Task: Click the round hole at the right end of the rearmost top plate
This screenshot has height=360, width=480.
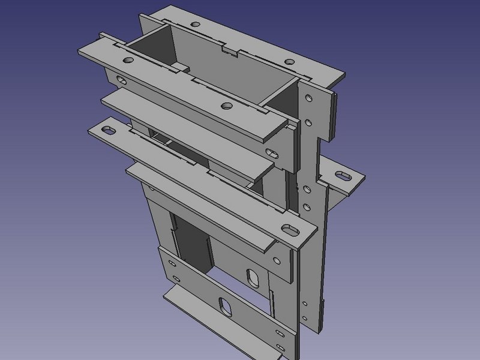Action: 289,62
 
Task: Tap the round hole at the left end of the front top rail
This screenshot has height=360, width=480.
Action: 129,61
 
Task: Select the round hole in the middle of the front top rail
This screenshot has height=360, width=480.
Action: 226,106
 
